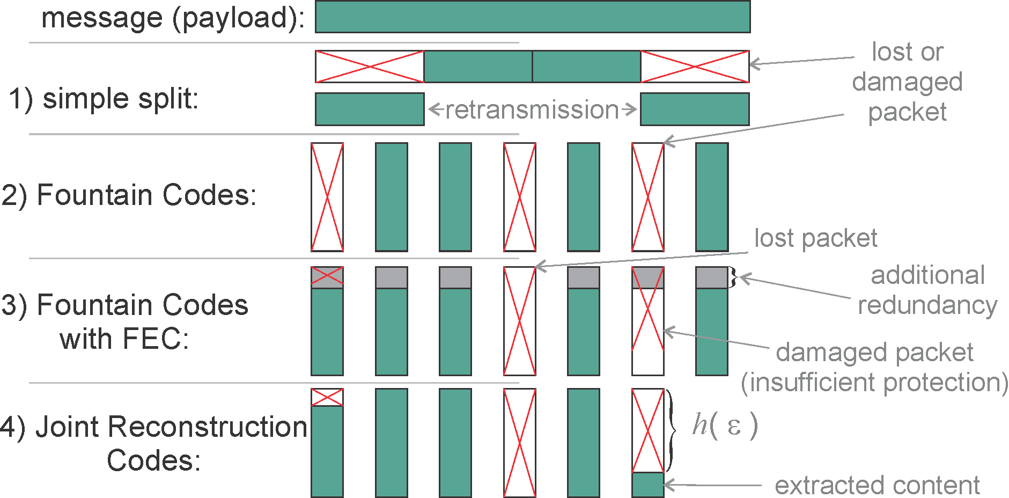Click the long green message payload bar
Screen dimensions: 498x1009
click(532, 17)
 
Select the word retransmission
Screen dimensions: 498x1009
click(532, 109)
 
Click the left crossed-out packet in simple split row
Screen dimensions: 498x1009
click(370, 67)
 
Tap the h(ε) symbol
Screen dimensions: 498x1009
click(725, 426)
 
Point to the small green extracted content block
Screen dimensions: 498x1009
click(648, 485)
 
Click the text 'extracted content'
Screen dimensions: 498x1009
click(877, 485)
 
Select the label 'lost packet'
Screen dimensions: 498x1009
click(815, 238)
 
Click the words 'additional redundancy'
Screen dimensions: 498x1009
click(927, 290)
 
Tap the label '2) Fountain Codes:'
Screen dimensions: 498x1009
click(129, 195)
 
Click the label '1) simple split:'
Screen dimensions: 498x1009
click(104, 99)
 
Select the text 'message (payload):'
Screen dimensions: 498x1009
click(173, 18)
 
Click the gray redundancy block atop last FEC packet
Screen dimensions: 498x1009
click(711, 278)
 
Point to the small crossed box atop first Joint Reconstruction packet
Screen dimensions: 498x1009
click(327, 397)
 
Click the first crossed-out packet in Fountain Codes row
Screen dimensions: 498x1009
click(327, 197)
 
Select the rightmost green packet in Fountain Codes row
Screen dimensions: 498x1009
click(711, 197)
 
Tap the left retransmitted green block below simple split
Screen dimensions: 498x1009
click(370, 109)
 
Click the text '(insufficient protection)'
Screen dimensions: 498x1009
click(874, 382)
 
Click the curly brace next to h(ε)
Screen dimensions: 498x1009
click(672, 429)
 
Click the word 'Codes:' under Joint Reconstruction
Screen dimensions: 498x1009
click(153, 460)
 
